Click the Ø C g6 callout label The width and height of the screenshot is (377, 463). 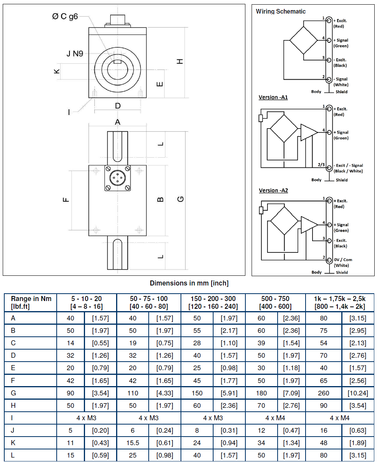tap(65, 16)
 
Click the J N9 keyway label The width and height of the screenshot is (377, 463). tap(75, 54)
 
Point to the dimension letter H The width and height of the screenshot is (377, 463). tap(180, 61)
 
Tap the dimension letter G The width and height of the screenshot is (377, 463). tap(181, 199)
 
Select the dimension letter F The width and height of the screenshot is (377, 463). tap(66, 200)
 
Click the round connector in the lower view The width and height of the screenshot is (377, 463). tap(118, 178)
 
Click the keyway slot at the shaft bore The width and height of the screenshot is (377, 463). tap(118, 62)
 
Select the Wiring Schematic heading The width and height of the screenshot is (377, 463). tap(280, 12)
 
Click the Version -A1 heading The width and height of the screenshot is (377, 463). tap(273, 97)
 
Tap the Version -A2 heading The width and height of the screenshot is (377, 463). tap(273, 190)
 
